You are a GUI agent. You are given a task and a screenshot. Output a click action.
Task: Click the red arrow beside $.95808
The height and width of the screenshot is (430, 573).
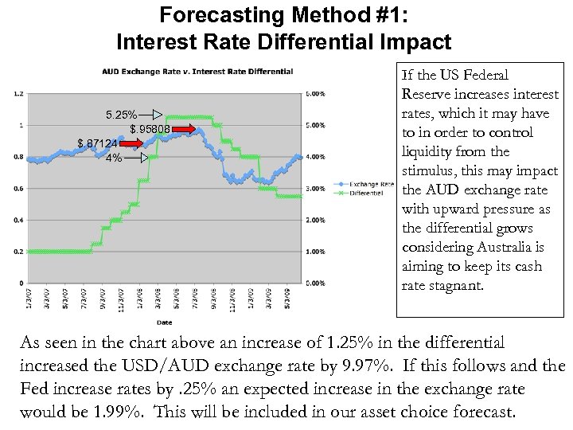(x=184, y=128)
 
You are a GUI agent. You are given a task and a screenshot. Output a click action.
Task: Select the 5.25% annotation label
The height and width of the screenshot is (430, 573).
(x=123, y=115)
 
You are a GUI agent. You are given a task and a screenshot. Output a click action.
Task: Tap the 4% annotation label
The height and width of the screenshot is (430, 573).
(x=114, y=158)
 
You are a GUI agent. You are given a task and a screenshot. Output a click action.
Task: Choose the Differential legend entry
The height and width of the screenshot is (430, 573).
(x=364, y=192)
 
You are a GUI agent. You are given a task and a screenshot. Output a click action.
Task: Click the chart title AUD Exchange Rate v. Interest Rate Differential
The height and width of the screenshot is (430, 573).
(x=197, y=72)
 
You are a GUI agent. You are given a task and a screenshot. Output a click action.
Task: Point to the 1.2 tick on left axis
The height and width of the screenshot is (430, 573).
(x=19, y=93)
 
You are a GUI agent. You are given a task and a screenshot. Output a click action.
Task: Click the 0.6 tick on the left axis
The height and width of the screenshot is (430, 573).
(x=19, y=188)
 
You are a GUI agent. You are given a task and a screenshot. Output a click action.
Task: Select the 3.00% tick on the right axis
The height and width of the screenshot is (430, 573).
(x=315, y=188)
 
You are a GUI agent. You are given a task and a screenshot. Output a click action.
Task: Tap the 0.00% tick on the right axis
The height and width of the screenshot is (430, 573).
(x=315, y=283)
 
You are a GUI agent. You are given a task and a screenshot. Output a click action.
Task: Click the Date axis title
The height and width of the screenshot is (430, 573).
(x=163, y=322)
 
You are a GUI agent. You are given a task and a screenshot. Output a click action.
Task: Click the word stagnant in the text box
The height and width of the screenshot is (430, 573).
(x=457, y=285)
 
